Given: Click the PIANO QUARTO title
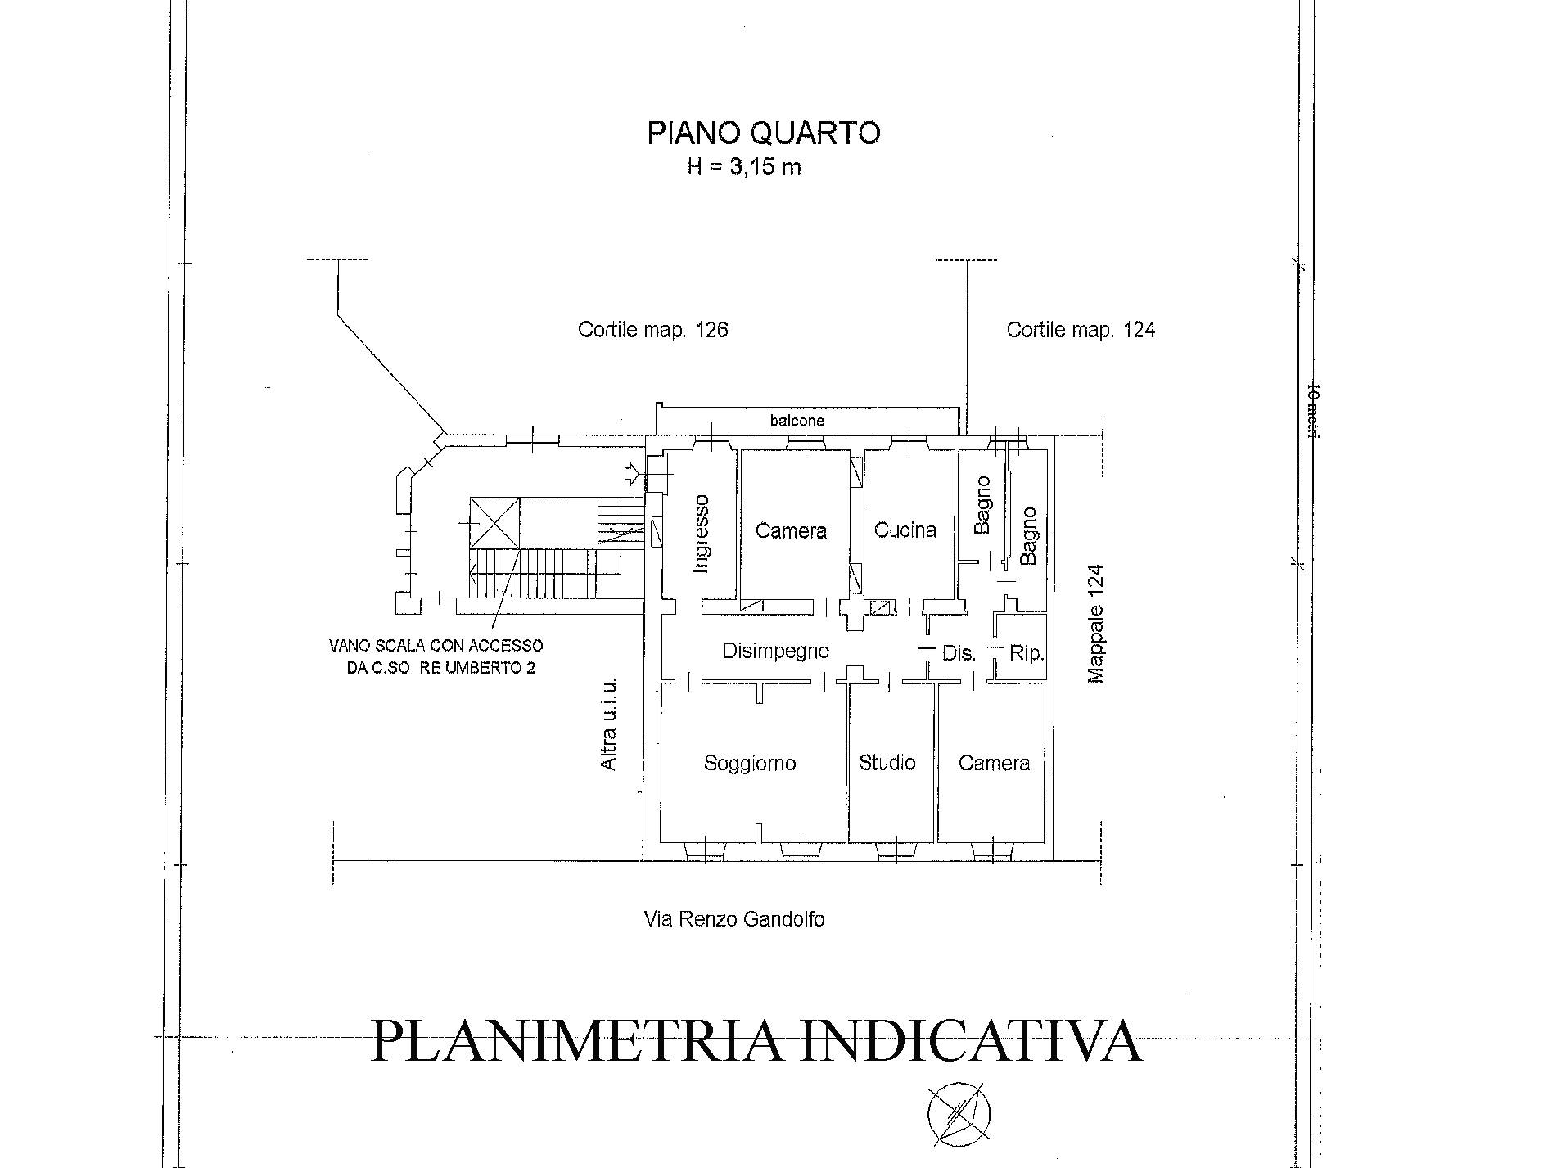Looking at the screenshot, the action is coord(764,133).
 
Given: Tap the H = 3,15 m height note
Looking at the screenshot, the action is coord(744,167).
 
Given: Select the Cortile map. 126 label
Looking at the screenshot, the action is coord(652,330).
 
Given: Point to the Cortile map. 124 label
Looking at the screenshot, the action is coord(1081,330).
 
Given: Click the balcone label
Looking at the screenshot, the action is coord(797,421).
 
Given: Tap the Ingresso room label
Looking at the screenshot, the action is coord(701,534).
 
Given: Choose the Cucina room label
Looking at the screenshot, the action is coord(905,530).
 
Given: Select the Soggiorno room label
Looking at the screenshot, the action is coord(750,764).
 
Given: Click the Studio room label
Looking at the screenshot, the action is coord(887,763).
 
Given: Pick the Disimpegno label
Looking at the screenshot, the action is coord(776,651).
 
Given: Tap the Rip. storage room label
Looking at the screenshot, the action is coord(1026,653).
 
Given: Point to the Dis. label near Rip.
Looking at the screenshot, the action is coord(959,653).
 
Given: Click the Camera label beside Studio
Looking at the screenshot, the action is coord(994,763).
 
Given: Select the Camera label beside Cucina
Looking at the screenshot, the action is coord(791,531).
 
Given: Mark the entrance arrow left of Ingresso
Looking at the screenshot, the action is coord(634,472).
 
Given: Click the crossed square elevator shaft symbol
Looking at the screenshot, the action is coord(494,522).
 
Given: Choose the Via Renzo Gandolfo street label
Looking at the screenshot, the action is coord(734,919).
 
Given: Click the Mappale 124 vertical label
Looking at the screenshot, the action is coord(1097,624).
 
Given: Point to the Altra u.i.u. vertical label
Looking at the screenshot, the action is coord(609,724).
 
